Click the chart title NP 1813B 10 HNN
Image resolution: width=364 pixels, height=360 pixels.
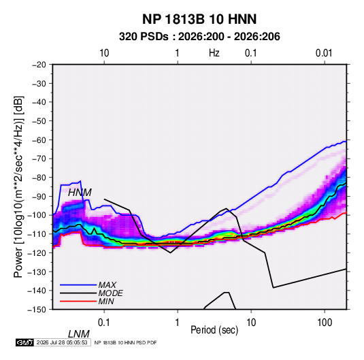pyautogui.click(x=199, y=19)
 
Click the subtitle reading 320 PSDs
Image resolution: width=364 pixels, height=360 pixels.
pyautogui.click(x=144, y=37)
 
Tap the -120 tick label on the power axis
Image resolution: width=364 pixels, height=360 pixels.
pyautogui.click(x=37, y=252)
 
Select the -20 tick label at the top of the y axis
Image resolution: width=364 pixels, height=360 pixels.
pyautogui.click(x=39, y=65)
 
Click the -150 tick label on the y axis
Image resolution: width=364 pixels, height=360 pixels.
pyautogui.click(x=37, y=309)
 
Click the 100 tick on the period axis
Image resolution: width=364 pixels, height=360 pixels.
pyautogui.click(x=325, y=323)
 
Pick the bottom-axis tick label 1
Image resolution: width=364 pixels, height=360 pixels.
pyautogui.click(x=178, y=323)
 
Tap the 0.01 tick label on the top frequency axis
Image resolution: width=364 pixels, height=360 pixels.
pyautogui.click(x=324, y=53)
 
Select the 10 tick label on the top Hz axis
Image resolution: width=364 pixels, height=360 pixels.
pyautogui.click(x=104, y=53)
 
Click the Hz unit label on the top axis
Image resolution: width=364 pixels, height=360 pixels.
pyautogui.click(x=214, y=53)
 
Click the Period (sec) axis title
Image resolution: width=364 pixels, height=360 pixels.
pyautogui.click(x=214, y=330)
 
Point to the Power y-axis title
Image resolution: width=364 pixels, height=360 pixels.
pyautogui.click(x=18, y=187)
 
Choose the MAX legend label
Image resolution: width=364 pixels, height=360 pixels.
pyautogui.click(x=107, y=285)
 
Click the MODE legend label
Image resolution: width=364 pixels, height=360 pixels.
pyautogui.click(x=110, y=293)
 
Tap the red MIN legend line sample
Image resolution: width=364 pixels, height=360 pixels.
pyautogui.click(x=78, y=301)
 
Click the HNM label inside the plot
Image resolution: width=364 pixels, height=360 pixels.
pyautogui.click(x=80, y=193)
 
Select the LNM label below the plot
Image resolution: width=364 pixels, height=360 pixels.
pyautogui.click(x=79, y=334)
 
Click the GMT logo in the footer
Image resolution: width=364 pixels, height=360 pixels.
pyautogui.click(x=24, y=342)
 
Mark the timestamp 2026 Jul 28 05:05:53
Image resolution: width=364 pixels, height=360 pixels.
pyautogui.click(x=62, y=342)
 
